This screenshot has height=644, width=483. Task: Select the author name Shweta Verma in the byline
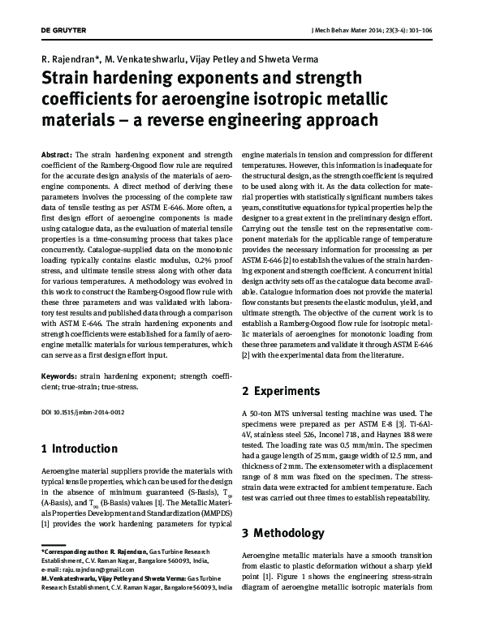pyautogui.click(x=292, y=58)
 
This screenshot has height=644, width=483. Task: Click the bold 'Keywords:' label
pyautogui.click(x=59, y=377)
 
